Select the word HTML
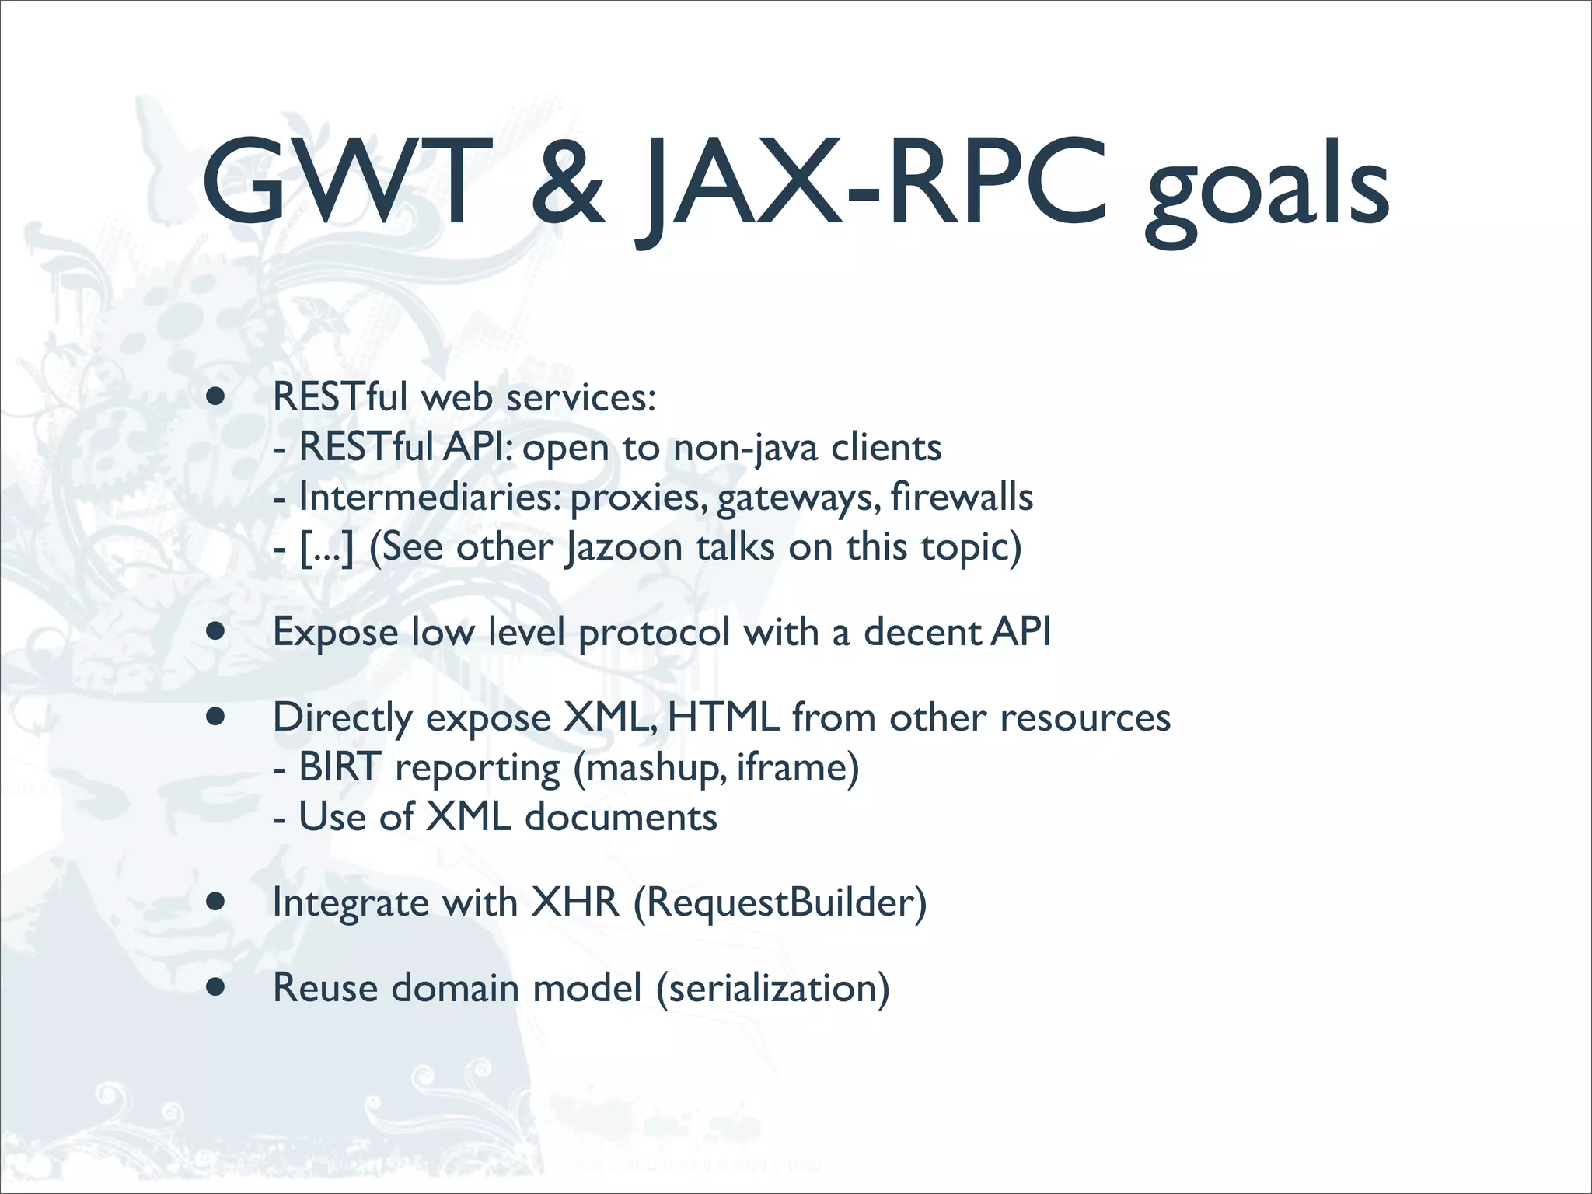[x=723, y=717]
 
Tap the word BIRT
[x=340, y=768]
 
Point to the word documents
[x=620, y=818]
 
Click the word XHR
[x=575, y=903]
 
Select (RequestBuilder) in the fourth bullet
[x=780, y=903]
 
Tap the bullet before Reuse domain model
[x=216, y=988]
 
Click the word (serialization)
[x=773, y=989]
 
